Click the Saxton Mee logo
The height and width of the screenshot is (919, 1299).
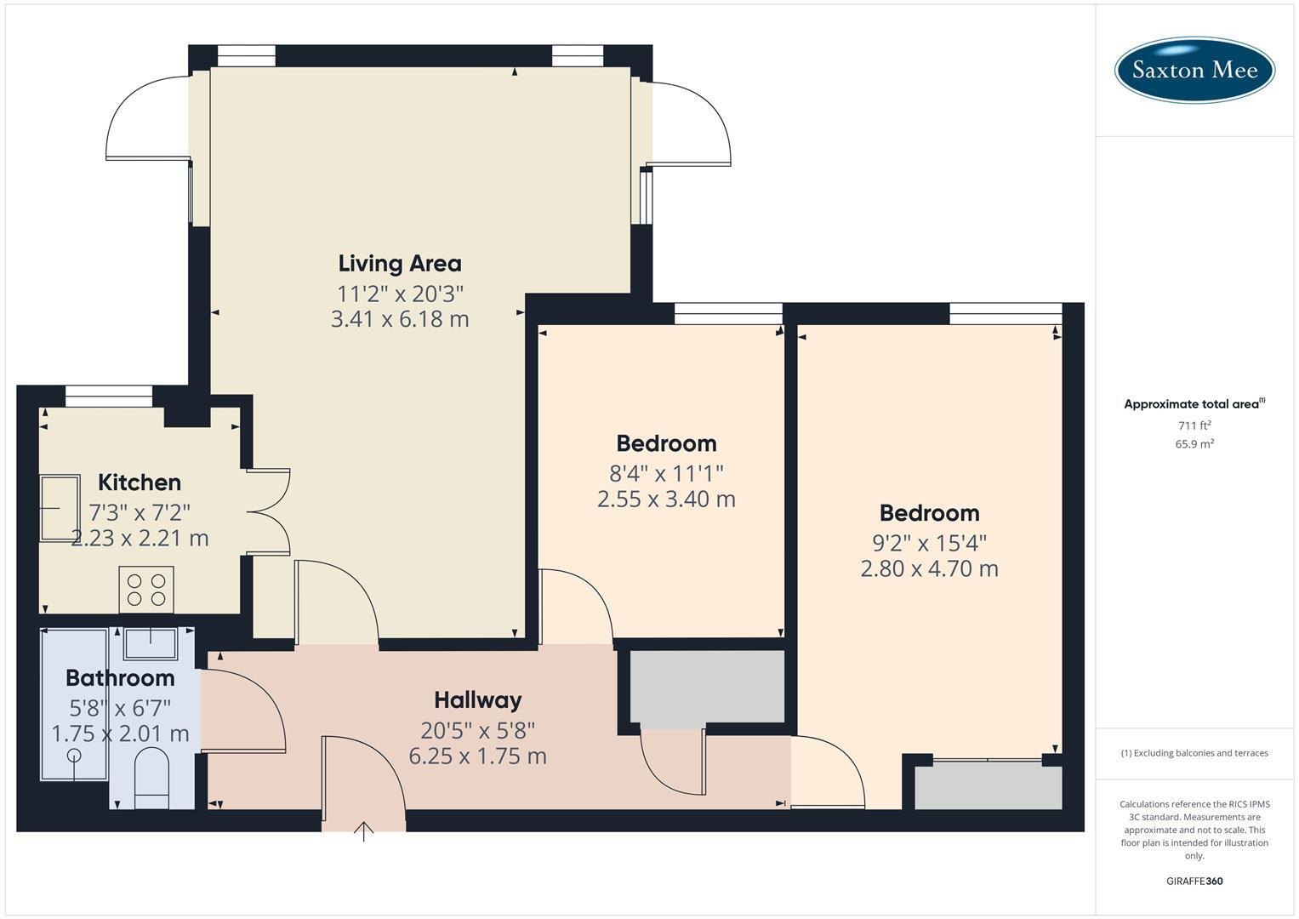(x=1194, y=70)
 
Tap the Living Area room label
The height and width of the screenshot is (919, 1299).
(x=400, y=264)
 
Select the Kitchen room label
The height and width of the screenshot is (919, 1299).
(x=140, y=482)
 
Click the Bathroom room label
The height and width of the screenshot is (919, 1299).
(x=120, y=678)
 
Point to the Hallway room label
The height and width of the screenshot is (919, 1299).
(x=477, y=700)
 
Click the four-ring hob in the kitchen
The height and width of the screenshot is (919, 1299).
(x=146, y=589)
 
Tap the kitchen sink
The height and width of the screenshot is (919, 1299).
(x=60, y=507)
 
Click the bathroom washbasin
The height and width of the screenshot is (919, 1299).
(x=151, y=643)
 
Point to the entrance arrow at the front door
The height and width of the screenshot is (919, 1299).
(x=364, y=831)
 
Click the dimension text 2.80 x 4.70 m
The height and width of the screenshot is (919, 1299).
(x=929, y=568)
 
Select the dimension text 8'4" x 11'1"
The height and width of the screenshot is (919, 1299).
(x=666, y=473)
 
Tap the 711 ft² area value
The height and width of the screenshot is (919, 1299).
(x=1194, y=425)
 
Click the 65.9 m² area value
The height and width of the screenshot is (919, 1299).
(x=1194, y=443)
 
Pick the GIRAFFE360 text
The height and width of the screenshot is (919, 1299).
(x=1194, y=881)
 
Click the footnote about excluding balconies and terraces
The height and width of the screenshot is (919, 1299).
(x=1194, y=753)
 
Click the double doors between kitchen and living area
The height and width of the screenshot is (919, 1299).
(x=268, y=511)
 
